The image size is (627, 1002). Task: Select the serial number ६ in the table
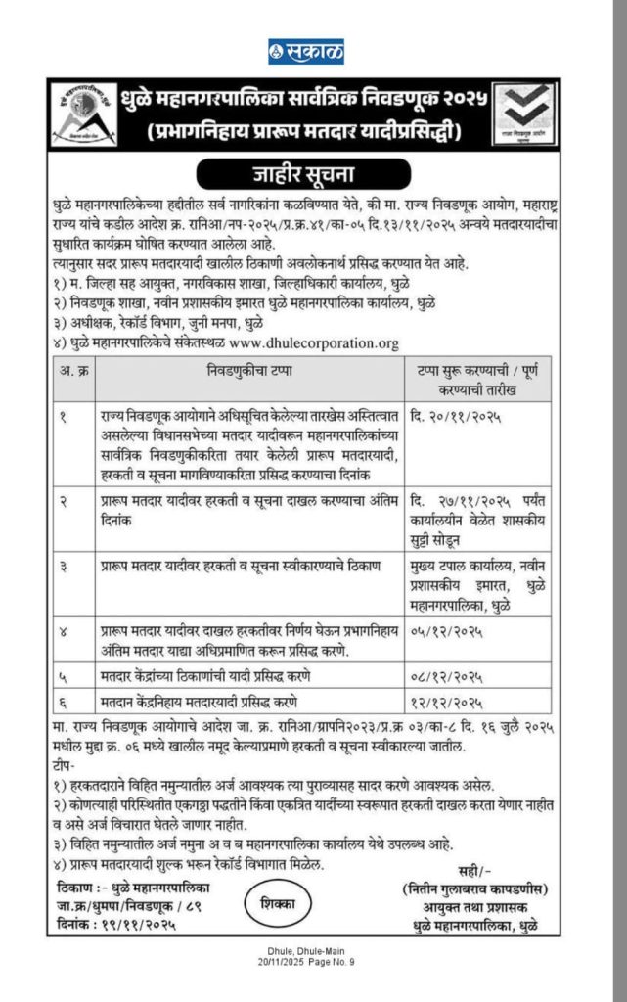click(x=64, y=703)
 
